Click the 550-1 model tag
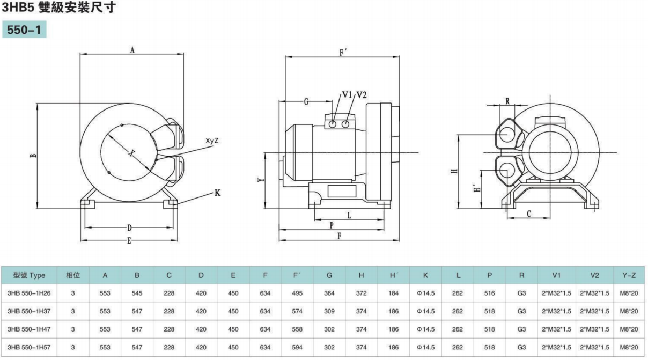24,31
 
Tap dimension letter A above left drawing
132,50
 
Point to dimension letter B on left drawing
33,156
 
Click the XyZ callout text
212,141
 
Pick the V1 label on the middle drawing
347,95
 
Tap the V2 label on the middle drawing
362,95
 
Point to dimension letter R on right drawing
507,101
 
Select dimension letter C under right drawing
528,214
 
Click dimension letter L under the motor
349,216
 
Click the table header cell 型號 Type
30,275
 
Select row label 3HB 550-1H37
30,311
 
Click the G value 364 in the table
329,293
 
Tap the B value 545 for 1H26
137,293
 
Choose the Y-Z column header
629,275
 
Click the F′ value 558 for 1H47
297,329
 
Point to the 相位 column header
73,275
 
